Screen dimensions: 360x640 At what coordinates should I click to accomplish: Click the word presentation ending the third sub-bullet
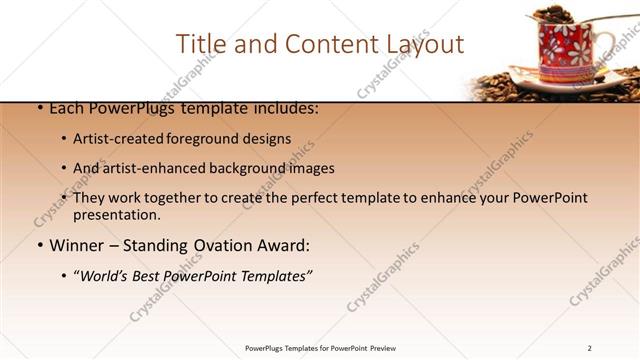(x=116, y=214)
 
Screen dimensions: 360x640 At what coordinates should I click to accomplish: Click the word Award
(x=285, y=245)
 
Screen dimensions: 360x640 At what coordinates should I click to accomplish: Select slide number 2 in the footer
(x=590, y=348)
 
